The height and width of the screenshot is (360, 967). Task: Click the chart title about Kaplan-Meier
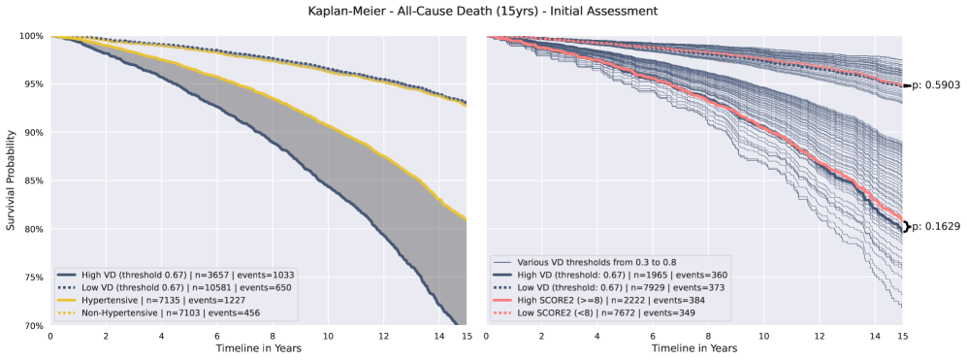click(483, 11)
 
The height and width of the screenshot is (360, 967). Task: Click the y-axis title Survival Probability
click(11, 180)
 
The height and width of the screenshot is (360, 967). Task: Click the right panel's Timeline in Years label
click(693, 348)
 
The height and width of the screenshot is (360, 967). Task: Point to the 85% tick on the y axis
click(29, 180)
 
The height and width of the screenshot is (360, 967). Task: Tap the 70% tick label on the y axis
click(29, 325)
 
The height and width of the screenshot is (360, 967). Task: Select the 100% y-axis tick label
click(27, 36)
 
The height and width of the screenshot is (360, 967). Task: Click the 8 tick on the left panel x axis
click(273, 336)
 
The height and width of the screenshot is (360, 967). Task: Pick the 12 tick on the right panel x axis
click(819, 336)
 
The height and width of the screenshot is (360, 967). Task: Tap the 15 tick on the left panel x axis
click(467, 336)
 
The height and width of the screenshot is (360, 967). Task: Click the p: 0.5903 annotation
click(935, 85)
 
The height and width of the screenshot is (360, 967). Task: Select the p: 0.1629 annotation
click(935, 227)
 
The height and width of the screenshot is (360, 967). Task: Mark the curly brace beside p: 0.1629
click(907, 227)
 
